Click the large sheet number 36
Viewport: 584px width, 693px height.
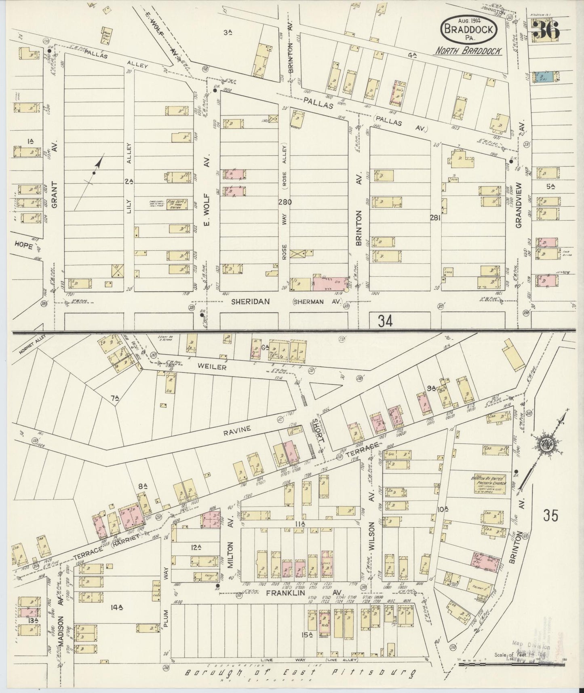click(x=546, y=30)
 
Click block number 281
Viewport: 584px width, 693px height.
click(x=435, y=218)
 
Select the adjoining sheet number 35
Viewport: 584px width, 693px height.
click(x=550, y=516)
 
